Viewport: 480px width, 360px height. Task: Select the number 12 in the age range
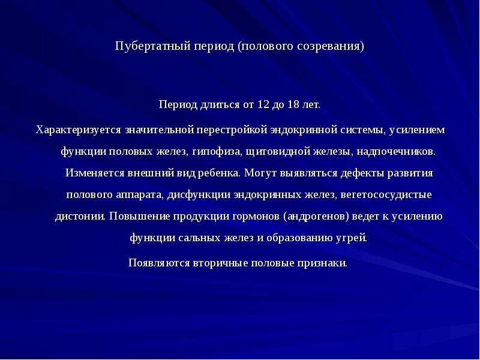(263, 104)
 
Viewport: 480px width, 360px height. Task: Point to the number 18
(293, 104)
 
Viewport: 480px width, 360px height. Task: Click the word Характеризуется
(79, 130)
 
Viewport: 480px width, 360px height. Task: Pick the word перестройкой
(232, 130)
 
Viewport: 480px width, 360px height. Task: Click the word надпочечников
(396, 152)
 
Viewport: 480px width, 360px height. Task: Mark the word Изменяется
(95, 173)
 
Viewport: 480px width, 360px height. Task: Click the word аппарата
(140, 195)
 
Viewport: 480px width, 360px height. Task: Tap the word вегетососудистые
(386, 195)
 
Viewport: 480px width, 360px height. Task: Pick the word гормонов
(256, 217)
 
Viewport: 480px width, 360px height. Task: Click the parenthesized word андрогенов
(316, 217)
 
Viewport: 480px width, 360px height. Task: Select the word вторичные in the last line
(220, 263)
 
